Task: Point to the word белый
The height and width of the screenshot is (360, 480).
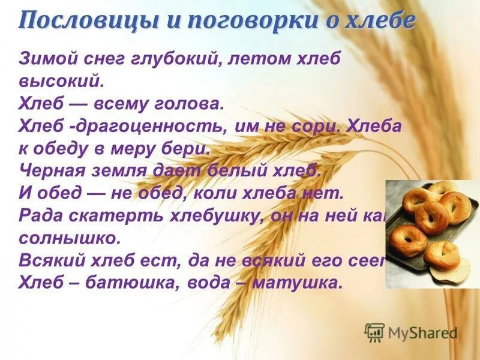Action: (237, 170)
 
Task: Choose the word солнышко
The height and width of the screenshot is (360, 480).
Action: (70, 237)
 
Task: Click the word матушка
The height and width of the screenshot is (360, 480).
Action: (296, 282)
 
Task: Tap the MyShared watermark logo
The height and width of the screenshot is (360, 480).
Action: (411, 332)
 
